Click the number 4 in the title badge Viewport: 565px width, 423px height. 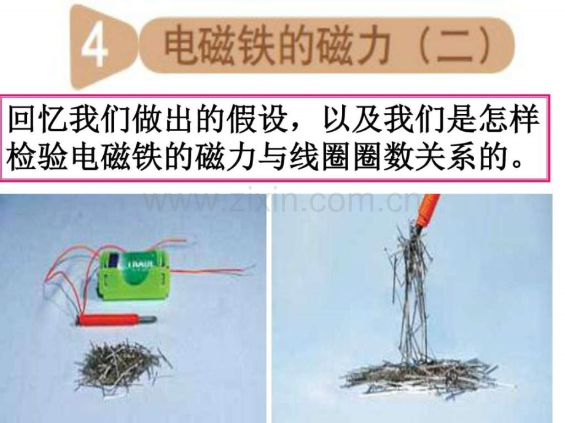tap(95, 48)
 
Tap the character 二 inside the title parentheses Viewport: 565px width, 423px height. tap(454, 47)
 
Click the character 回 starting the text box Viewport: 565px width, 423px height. tap(22, 119)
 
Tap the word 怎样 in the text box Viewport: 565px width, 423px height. tap(508, 119)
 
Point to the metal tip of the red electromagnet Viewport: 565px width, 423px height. tap(147, 319)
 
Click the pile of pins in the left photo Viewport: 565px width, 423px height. tap(121, 364)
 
